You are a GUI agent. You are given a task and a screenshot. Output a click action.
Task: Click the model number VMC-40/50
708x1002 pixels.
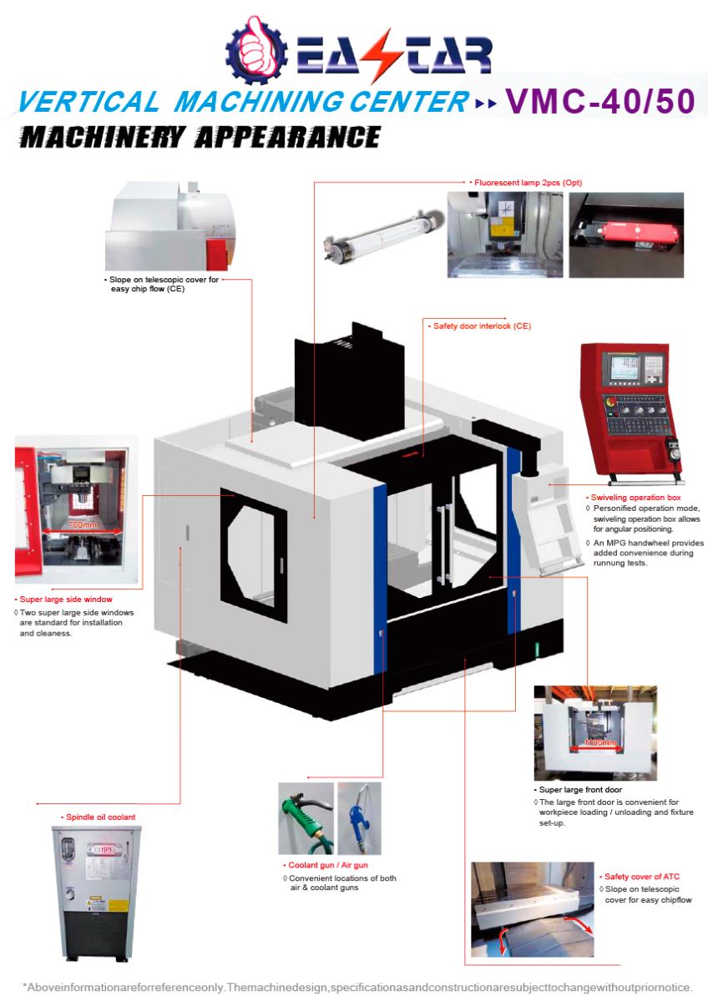[x=599, y=101]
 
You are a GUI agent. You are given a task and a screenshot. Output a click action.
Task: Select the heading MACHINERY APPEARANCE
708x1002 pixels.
[x=200, y=136]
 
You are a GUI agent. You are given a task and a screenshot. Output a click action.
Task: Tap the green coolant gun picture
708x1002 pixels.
[x=305, y=817]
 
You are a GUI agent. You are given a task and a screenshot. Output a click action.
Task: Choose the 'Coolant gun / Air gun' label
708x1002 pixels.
[x=328, y=865]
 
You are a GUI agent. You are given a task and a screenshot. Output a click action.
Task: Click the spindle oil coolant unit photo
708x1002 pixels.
[x=97, y=891]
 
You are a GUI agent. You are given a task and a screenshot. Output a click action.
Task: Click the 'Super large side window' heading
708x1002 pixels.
[x=66, y=599]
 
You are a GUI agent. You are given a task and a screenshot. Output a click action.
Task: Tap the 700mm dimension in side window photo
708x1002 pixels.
[x=82, y=525]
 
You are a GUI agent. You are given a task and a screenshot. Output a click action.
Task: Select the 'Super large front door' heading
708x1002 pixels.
[x=580, y=789]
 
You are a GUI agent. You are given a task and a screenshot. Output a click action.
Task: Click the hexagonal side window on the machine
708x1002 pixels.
[x=253, y=546]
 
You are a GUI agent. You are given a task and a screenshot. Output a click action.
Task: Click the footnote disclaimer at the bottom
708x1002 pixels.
[x=357, y=988]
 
